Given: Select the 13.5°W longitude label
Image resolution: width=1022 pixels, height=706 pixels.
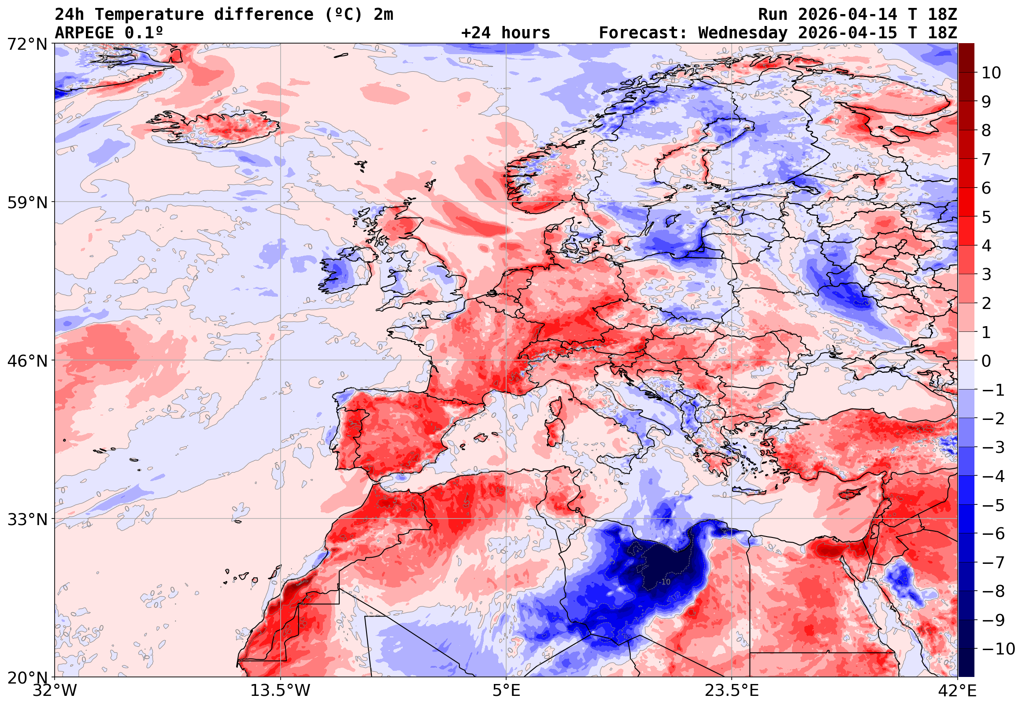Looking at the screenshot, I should [x=280, y=691].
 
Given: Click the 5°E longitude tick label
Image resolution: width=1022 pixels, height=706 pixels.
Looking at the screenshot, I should [x=506, y=691].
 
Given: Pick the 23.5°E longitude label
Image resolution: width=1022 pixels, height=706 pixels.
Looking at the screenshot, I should [x=732, y=691].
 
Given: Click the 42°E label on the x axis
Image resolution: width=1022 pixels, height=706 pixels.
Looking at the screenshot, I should [x=957, y=691].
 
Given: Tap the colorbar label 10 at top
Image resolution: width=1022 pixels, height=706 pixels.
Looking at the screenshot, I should [x=991, y=73].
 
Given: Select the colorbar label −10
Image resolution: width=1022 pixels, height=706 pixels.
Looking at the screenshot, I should [x=998, y=649].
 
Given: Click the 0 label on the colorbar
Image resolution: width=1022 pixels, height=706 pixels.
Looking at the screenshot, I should [x=986, y=361].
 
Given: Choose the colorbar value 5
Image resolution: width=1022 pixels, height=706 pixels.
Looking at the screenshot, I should [x=986, y=217].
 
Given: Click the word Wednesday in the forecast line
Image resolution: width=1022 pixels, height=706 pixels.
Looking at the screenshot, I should [x=743, y=33].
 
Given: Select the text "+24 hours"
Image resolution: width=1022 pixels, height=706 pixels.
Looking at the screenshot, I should [x=505, y=33].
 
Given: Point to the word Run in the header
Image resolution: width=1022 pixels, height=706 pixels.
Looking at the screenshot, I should [x=773, y=15].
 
